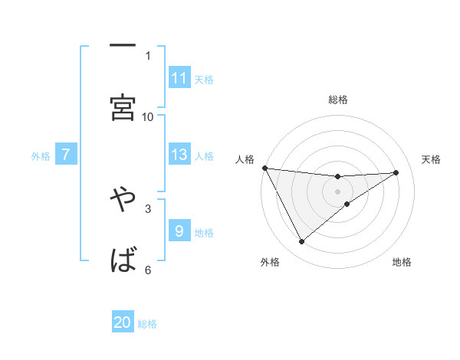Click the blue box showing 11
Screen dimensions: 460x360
(x=179, y=77)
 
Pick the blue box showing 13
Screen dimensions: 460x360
(x=179, y=155)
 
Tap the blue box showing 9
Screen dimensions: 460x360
(x=179, y=231)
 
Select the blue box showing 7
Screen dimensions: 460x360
(x=66, y=155)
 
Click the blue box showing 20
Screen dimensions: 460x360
(x=123, y=322)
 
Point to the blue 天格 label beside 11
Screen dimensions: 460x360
(x=204, y=79)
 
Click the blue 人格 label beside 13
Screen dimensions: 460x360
(x=204, y=155)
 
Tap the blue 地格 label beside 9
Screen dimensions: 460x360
(x=204, y=232)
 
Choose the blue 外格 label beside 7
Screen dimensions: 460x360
(x=41, y=155)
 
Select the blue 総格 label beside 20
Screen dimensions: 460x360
(x=147, y=324)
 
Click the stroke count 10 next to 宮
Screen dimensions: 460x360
(x=148, y=116)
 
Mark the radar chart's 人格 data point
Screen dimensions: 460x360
(x=264, y=168)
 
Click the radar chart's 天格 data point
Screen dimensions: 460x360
(x=396, y=172)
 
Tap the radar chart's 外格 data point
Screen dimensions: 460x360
(x=301, y=242)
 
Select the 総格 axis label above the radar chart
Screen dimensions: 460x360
(x=338, y=100)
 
